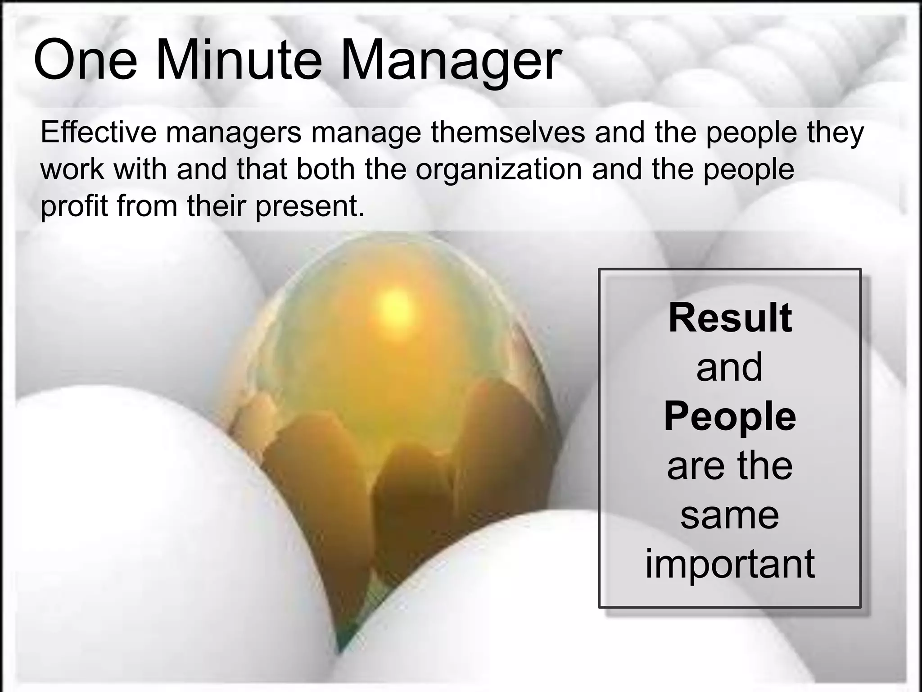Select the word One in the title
[85, 60]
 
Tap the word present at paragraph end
[310, 206]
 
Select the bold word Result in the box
[730, 318]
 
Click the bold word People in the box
[730, 416]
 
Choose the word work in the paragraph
[72, 169]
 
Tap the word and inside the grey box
[730, 367]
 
